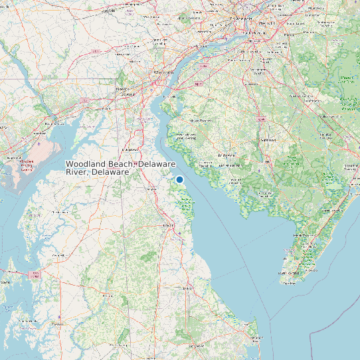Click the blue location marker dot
[179, 179]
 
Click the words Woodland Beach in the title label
[100, 163]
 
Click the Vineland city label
[268, 140]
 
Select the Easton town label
[58, 323]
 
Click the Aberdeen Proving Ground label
[27, 165]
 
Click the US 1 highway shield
[96, 51]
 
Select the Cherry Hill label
[279, 41]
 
